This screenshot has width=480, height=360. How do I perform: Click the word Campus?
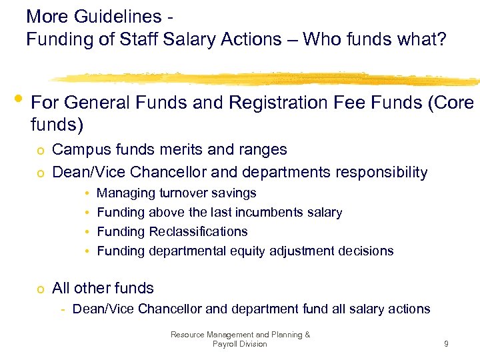click(79, 149)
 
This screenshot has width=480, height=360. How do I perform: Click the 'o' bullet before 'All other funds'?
click(41, 289)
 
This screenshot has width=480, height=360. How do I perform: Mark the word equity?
click(249, 251)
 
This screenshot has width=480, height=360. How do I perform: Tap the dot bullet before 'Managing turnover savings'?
click(87, 193)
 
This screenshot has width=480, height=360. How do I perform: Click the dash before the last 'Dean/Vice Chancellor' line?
click(62, 309)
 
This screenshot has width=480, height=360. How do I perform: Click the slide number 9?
click(446, 344)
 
